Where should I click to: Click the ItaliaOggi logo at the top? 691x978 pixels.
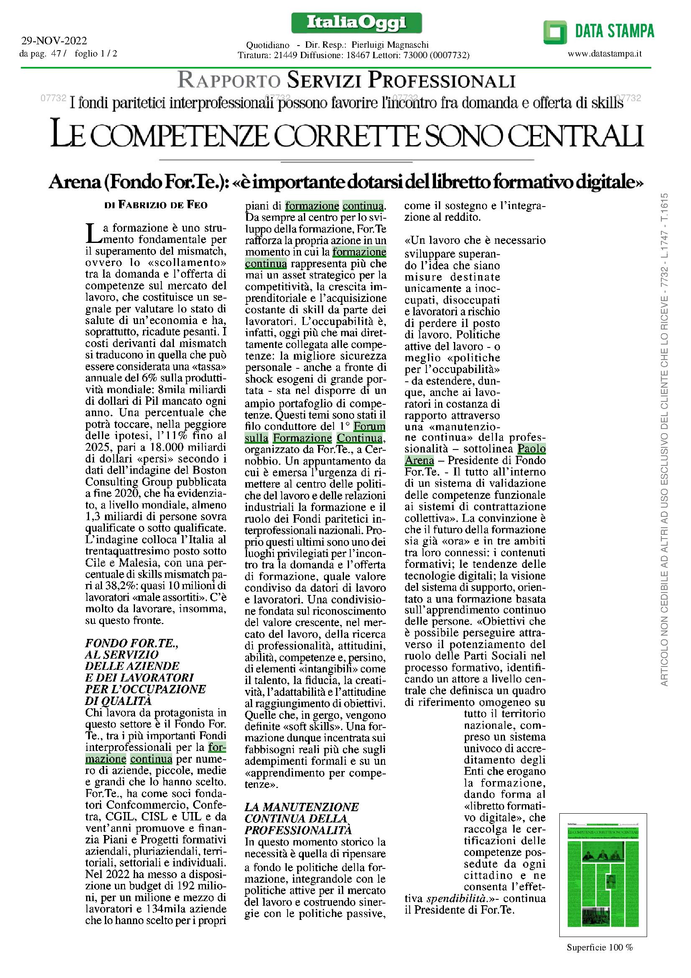click(x=356, y=23)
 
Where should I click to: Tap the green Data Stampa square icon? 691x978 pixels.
click(x=555, y=32)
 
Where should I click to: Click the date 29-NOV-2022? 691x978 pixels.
click(x=54, y=41)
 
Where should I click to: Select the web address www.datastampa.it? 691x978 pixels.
click(x=604, y=54)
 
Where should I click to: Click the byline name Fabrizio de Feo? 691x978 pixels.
click(x=163, y=205)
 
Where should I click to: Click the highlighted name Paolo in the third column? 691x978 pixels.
click(x=531, y=449)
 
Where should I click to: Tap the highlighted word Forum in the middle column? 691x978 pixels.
click(x=369, y=426)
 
